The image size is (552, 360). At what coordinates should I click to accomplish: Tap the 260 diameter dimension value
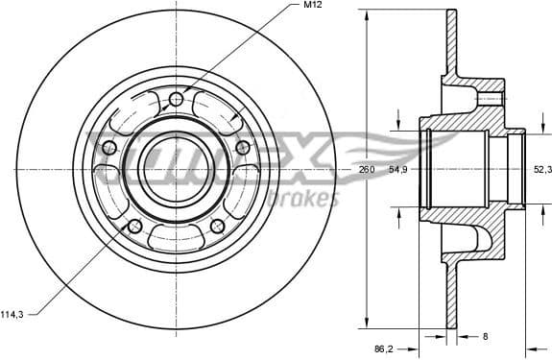click(366, 169)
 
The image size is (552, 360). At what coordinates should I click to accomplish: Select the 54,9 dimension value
click(398, 169)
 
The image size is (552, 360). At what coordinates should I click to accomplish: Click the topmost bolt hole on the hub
click(176, 100)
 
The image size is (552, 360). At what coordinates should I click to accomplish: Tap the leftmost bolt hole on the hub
click(108, 147)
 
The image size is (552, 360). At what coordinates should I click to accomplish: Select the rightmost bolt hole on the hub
click(243, 147)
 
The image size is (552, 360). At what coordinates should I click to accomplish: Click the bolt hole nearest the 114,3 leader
click(134, 226)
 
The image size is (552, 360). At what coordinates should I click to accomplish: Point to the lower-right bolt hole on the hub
click(217, 226)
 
